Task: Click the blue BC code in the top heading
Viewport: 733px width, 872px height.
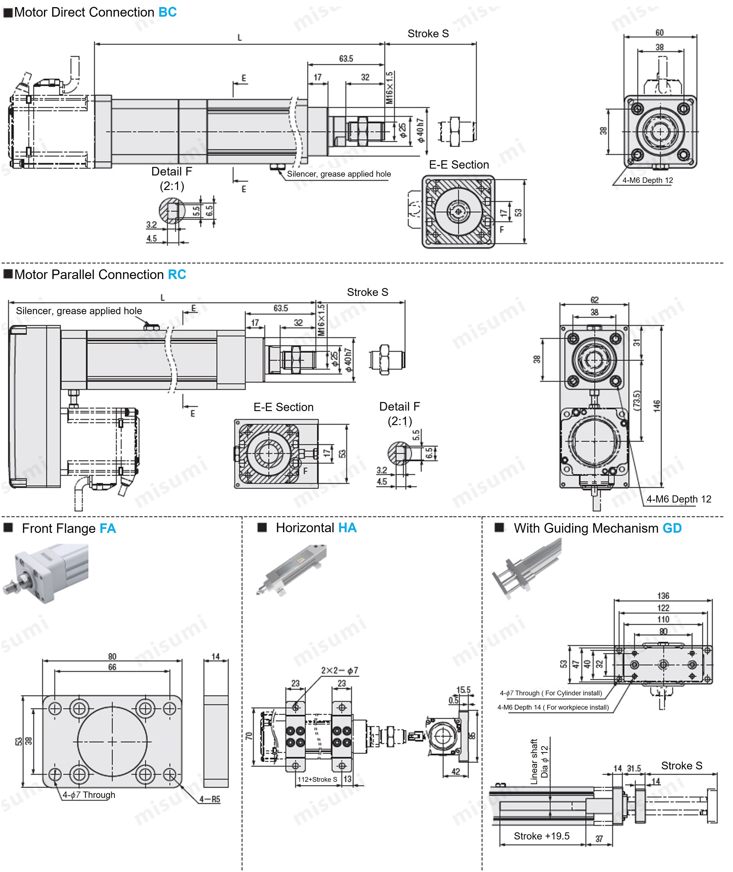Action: pos(168,12)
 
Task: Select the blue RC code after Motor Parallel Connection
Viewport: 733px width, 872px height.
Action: pos(177,275)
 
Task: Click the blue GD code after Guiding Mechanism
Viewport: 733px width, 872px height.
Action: pos(672,528)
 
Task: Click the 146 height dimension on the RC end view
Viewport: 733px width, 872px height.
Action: pos(657,406)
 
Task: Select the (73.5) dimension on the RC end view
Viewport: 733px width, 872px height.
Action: pos(637,401)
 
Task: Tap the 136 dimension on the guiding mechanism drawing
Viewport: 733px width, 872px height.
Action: pos(663,596)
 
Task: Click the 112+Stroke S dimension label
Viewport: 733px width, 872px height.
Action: pos(317,779)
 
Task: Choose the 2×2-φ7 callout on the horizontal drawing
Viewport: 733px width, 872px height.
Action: pos(339,670)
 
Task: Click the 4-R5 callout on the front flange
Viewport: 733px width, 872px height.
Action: pos(210,799)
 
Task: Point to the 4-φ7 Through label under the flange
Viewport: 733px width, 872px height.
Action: pos(89,795)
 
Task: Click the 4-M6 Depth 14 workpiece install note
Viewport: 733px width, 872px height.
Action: pos(553,707)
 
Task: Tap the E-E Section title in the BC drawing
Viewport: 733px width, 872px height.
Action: pos(459,165)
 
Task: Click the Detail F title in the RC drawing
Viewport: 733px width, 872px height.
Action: pos(399,407)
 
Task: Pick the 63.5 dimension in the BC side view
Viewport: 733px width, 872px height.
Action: pos(346,58)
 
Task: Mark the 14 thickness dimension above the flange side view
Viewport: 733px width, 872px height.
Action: pos(215,657)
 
